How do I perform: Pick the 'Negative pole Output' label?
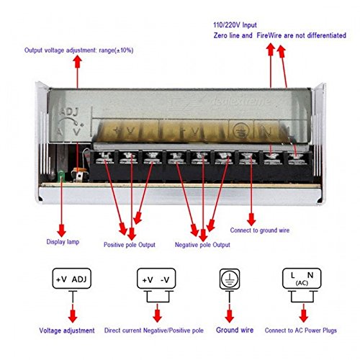pos(202,244)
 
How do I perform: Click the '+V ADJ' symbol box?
pos(72,279)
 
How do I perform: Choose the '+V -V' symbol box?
pos(156,279)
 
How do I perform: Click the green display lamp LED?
pos(61,175)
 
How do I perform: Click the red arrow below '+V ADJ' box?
pos(72,310)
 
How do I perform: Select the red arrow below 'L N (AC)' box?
pos(303,310)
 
